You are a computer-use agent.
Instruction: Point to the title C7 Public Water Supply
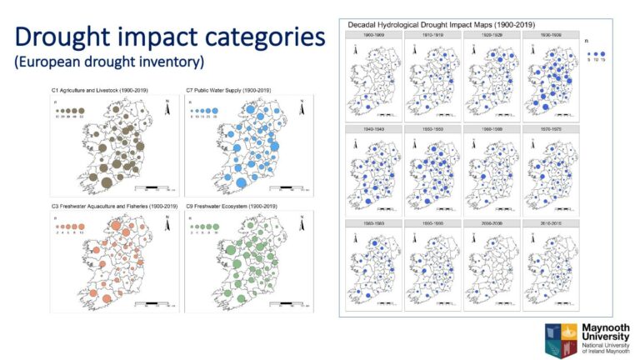pos(228,90)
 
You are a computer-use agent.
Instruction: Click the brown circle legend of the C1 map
pos(72,111)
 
